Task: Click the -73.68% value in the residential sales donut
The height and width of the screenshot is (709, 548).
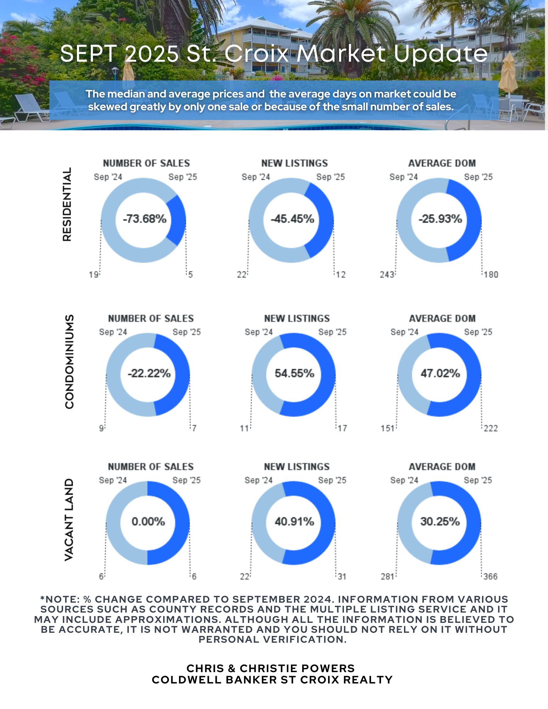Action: (144, 219)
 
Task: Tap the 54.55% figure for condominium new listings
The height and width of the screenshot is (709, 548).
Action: (294, 373)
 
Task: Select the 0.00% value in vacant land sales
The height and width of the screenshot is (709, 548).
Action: (148, 521)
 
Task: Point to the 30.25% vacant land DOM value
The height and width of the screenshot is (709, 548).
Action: (440, 521)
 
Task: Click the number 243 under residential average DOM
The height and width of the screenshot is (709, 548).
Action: (387, 275)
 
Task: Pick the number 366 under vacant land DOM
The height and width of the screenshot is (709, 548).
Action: (491, 577)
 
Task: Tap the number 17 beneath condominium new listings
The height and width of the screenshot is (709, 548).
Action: (342, 429)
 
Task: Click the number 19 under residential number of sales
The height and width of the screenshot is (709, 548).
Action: (93, 275)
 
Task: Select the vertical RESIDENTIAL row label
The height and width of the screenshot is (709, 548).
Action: (67, 205)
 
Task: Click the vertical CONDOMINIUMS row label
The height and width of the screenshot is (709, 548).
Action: (70, 362)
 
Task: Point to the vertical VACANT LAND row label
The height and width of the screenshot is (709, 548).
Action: (69, 520)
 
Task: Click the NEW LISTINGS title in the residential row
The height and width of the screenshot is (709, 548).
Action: (294, 163)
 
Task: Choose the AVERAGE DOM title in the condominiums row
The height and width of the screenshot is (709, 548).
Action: (442, 319)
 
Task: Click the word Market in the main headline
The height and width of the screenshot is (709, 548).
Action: (341, 54)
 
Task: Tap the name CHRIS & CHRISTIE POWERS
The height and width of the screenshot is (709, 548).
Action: (271, 668)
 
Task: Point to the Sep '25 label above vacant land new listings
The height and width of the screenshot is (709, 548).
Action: (332, 480)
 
